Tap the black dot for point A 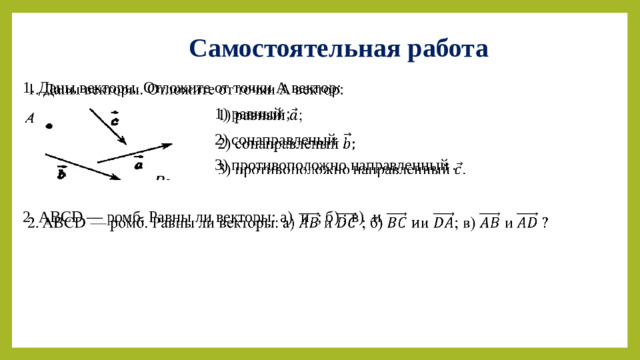(48, 126)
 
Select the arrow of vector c (103, 127)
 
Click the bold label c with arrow (116, 119)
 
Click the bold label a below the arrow (139, 164)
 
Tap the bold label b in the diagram (61, 173)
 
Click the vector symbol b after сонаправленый (347, 143)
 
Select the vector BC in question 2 (397, 221)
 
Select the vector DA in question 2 (443, 221)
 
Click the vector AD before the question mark (527, 221)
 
